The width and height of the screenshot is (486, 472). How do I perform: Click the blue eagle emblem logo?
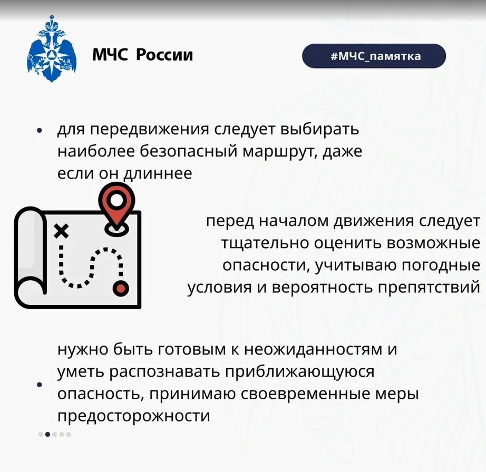coord(52,48)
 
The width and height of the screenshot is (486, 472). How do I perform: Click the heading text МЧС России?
coord(142,55)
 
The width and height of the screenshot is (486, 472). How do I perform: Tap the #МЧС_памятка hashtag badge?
coord(374,56)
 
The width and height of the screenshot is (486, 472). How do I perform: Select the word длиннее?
coord(158,173)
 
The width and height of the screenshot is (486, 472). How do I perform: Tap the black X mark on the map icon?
coord(61,231)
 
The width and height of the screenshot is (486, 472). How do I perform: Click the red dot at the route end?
coord(121,288)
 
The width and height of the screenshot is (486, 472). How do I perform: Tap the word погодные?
coord(441,266)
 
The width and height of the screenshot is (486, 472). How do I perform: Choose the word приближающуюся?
coord(299,372)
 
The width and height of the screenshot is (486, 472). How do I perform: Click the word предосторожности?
coord(133,417)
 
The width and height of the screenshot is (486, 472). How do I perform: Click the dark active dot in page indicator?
coord(47,434)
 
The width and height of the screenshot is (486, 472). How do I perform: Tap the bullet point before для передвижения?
coord(39,131)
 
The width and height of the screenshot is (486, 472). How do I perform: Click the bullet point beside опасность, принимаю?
coord(40,385)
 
